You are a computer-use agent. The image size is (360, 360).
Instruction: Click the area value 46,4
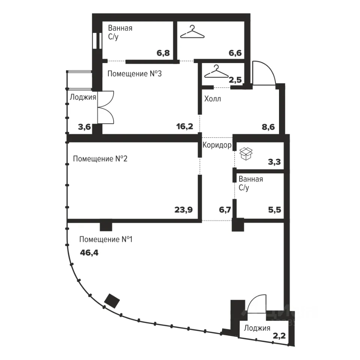coord(89,253)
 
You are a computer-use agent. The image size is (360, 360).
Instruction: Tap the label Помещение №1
coord(106,240)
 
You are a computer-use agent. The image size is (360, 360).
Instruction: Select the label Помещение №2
coord(100,159)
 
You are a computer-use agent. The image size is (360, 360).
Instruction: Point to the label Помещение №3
coord(135,74)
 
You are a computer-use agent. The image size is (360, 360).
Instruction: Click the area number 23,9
coord(183,210)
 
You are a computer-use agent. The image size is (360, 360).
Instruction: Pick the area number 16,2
coord(184,126)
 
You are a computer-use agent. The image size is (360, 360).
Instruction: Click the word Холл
coord(213,99)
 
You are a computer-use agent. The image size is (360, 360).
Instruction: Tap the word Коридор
coord(217,145)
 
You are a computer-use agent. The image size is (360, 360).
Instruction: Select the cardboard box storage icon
coord(246,154)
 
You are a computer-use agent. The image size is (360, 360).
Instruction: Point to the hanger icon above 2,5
coord(216,71)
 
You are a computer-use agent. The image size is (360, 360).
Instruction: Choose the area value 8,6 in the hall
coord(268,127)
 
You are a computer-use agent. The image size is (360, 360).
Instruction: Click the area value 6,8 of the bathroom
coord(163,53)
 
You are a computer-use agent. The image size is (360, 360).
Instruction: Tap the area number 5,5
coord(274,210)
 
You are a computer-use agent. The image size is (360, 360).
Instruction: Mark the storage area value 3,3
coord(274,162)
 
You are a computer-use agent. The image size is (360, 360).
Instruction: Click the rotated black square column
coord(112,301)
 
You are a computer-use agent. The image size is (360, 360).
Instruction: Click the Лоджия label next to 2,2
coord(257,328)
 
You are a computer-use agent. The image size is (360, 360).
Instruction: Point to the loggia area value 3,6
coord(84,127)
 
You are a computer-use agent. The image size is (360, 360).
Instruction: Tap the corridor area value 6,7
coord(225,210)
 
